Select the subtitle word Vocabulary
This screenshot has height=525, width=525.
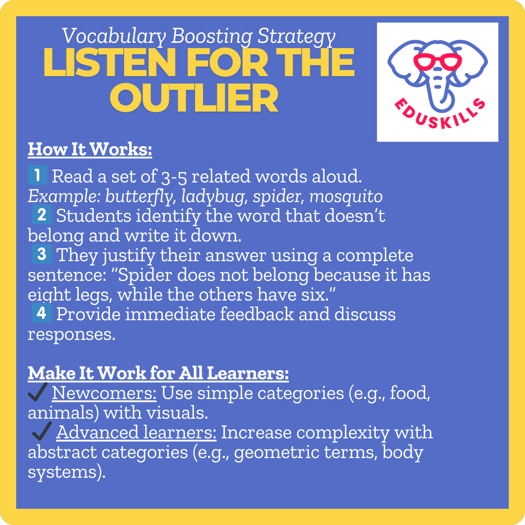pos(113,36)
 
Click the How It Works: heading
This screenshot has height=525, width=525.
pos(90,149)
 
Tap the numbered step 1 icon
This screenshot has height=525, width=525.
pos(37,175)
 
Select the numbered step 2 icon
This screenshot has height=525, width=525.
pos(42,215)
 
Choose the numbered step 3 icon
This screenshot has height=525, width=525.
pos(42,254)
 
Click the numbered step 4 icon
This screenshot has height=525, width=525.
pos(42,313)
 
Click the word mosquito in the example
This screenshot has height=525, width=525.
pos(346,196)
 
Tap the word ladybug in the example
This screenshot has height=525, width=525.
pos(210,196)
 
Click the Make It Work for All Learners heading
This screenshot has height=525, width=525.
pos(158,373)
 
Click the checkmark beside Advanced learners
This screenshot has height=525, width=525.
pos(42,432)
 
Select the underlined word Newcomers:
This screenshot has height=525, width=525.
pos(104,393)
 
